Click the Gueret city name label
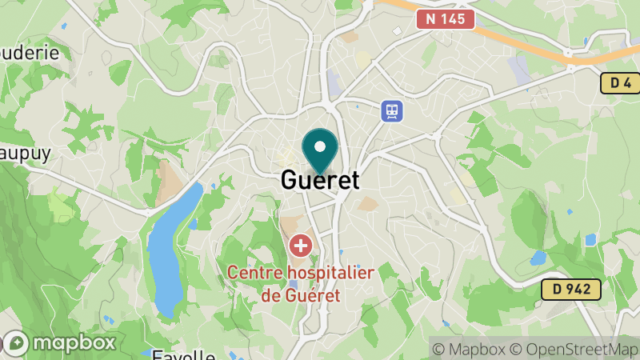(320, 180)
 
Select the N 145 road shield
(445, 18)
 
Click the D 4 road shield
(620, 82)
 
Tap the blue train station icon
(392, 110)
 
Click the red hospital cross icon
(301, 245)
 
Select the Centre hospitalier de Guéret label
(301, 284)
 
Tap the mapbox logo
(60, 343)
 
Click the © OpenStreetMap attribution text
(574, 349)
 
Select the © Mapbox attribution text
(472, 349)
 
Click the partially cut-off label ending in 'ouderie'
(30, 52)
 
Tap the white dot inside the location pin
(320, 146)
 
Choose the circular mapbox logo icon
(16, 343)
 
